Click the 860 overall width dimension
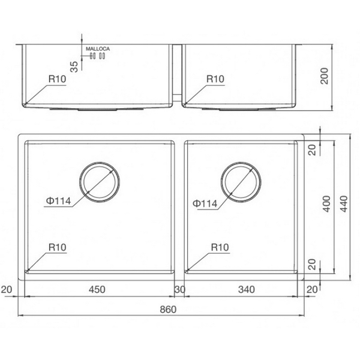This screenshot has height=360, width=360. [x=169, y=310]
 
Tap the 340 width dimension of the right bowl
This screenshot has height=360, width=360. [x=246, y=289]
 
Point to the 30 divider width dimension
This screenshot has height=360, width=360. [x=180, y=289]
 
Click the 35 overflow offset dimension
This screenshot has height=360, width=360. [x=74, y=65]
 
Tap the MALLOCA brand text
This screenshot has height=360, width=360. [x=96, y=47]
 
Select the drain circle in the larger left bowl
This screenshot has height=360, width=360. [x=99, y=181]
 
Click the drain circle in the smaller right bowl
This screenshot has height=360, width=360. [x=241, y=181]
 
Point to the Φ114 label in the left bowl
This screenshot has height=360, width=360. [x=58, y=202]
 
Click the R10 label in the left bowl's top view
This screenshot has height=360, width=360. [x=58, y=247]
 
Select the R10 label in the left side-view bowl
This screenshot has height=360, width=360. [x=58, y=79]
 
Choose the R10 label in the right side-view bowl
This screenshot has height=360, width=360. [x=215, y=79]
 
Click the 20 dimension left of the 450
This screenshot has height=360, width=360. [x=7, y=289]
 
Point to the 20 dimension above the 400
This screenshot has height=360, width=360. [x=311, y=150]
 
